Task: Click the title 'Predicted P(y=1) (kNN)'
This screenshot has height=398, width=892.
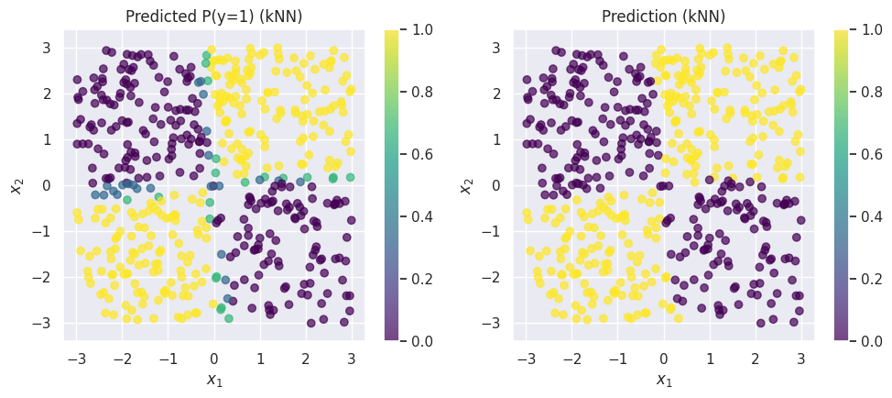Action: [214, 17]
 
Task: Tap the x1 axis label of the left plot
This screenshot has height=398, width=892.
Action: [214, 380]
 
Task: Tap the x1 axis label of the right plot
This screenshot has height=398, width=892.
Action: [663, 380]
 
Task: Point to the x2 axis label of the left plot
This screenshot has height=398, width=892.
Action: [16, 185]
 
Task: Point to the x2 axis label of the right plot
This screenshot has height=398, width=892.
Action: [466, 185]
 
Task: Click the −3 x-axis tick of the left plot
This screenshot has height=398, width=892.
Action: [77, 357]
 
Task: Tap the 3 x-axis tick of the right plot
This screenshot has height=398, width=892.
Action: [800, 357]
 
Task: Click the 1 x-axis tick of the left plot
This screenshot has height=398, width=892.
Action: [260, 357]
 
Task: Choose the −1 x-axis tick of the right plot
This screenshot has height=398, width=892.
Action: [617, 357]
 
